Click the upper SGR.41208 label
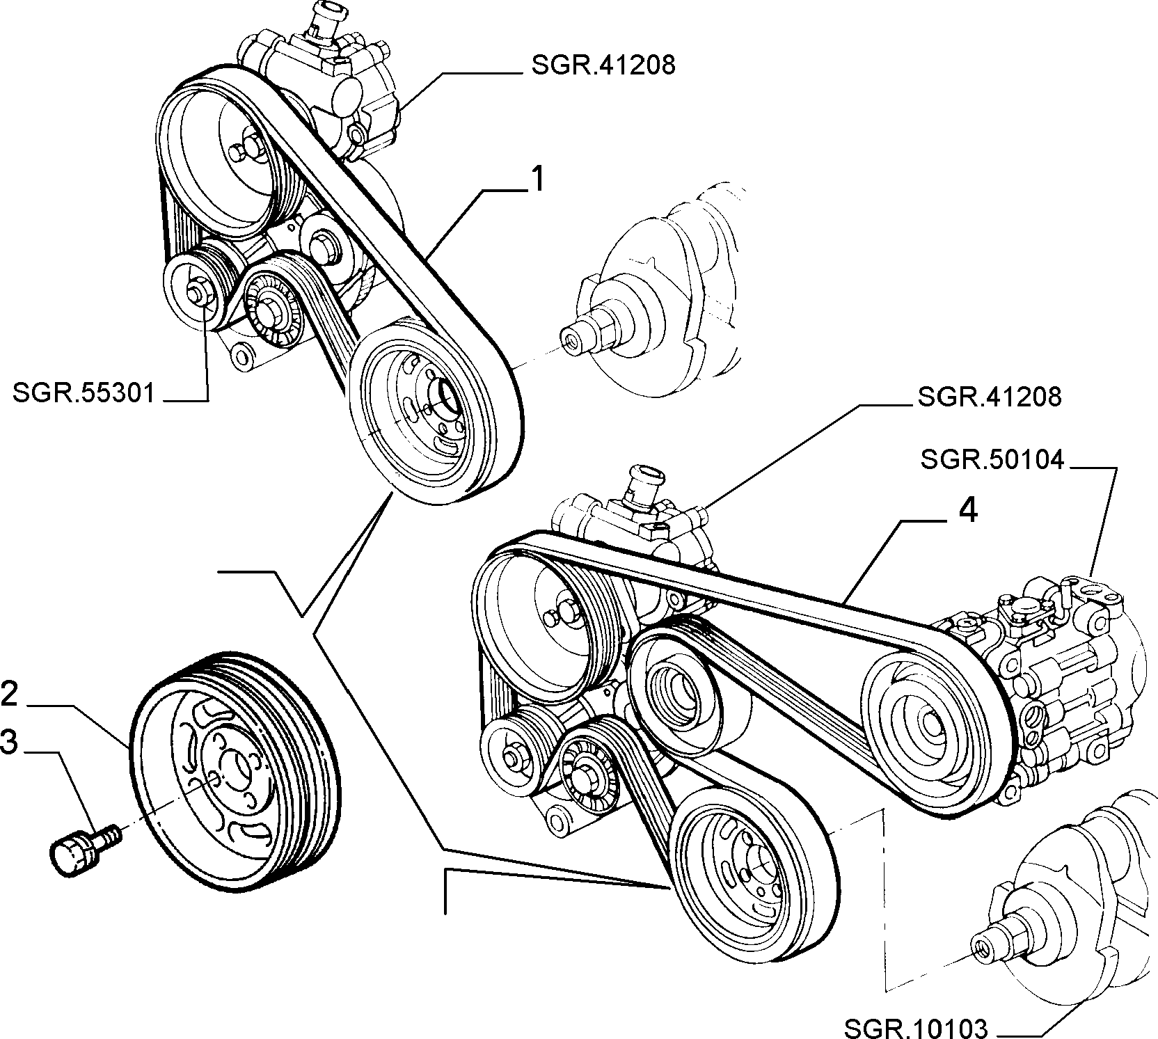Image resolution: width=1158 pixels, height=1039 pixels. click(x=604, y=66)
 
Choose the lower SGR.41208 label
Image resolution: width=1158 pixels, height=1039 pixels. click(x=990, y=397)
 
